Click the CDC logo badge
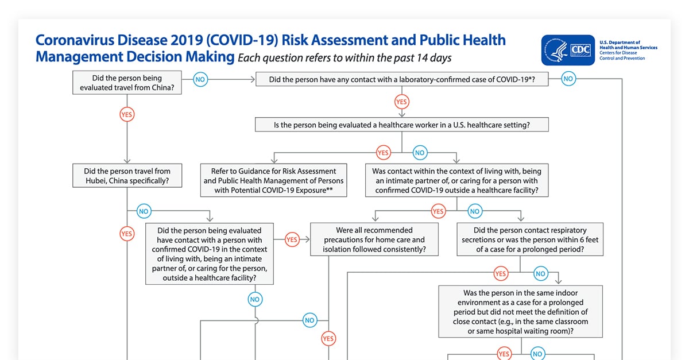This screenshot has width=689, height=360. click(568, 50)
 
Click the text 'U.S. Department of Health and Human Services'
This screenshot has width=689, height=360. click(628, 45)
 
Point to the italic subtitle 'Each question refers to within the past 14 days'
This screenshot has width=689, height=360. click(344, 57)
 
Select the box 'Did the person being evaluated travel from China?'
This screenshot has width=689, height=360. click(127, 83)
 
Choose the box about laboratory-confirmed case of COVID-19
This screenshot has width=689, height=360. click(401, 80)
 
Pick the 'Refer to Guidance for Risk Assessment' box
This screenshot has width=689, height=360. click(274, 180)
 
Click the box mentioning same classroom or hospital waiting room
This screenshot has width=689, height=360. click(521, 311)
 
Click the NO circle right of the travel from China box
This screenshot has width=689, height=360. click(200, 80)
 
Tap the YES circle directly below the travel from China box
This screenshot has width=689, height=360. click(127, 115)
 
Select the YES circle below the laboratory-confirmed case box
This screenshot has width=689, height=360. click(401, 102)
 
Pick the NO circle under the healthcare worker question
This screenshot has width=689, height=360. click(420, 153)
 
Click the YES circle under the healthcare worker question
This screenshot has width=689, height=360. click(383, 153)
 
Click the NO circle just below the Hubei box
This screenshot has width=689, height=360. click(144, 211)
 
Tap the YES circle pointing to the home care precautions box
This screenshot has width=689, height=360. click(292, 239)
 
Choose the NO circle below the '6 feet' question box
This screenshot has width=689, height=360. click(540, 274)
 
